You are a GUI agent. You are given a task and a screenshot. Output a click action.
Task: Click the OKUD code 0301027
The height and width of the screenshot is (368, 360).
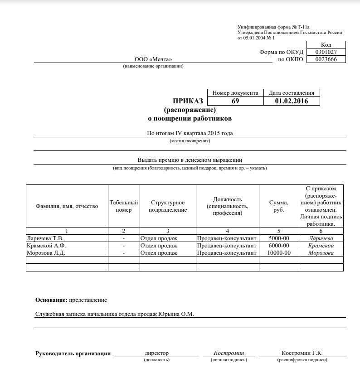326,52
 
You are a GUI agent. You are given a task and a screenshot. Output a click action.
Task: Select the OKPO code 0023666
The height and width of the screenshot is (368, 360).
326,59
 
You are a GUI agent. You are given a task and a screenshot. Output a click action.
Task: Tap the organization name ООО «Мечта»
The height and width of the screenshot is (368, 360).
153,59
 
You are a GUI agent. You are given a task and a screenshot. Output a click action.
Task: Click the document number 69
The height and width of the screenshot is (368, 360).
235,101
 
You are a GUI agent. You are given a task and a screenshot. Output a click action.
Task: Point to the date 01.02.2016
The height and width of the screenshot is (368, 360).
291,101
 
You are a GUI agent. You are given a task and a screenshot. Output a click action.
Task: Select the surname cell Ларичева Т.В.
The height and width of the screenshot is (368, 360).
45,238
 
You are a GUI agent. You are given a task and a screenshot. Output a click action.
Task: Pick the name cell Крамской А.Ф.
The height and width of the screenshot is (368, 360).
45,245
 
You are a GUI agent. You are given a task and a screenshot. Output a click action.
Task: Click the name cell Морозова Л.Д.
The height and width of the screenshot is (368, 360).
46,252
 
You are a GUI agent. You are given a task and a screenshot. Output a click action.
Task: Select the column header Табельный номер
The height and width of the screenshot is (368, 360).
124,206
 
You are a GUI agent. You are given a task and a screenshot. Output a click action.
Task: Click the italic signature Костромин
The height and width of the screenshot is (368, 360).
229,353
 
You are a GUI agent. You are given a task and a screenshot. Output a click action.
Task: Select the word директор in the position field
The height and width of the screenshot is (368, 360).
156,353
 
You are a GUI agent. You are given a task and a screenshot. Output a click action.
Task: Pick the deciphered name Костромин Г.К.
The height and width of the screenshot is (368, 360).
302,353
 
